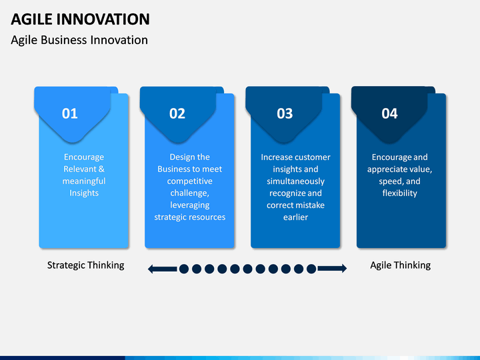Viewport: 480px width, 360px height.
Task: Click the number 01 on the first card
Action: pos(70,113)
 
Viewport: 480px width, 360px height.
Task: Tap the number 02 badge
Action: pos(177,113)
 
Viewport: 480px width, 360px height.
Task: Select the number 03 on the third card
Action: pos(285,113)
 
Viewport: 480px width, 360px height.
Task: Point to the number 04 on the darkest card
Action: pos(389,113)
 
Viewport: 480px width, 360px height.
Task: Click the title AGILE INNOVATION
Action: pos(80,19)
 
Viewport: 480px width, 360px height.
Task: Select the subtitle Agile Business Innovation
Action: pos(79,40)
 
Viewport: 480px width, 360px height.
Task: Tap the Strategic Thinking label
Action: pos(86,265)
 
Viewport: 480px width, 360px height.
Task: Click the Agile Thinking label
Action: pos(401,265)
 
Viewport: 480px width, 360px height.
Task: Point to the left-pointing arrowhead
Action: pos(151,269)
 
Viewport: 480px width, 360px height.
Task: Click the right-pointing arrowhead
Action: pos(344,269)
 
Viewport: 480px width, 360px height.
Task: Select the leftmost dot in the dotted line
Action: pos(184,269)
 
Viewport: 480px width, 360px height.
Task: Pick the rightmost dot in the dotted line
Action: pos(311,269)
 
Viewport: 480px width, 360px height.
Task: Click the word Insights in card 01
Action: pos(84,193)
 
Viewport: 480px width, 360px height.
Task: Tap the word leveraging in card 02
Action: pos(190,205)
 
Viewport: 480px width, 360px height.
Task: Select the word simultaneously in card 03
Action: pos(295,181)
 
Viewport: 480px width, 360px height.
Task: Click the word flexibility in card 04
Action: pos(400,193)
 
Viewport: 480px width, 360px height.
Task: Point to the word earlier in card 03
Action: pos(295,217)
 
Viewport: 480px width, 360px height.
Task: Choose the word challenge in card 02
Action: pos(189,193)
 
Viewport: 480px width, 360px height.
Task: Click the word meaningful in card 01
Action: pos(84,181)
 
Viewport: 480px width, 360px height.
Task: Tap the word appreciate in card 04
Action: pos(386,169)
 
